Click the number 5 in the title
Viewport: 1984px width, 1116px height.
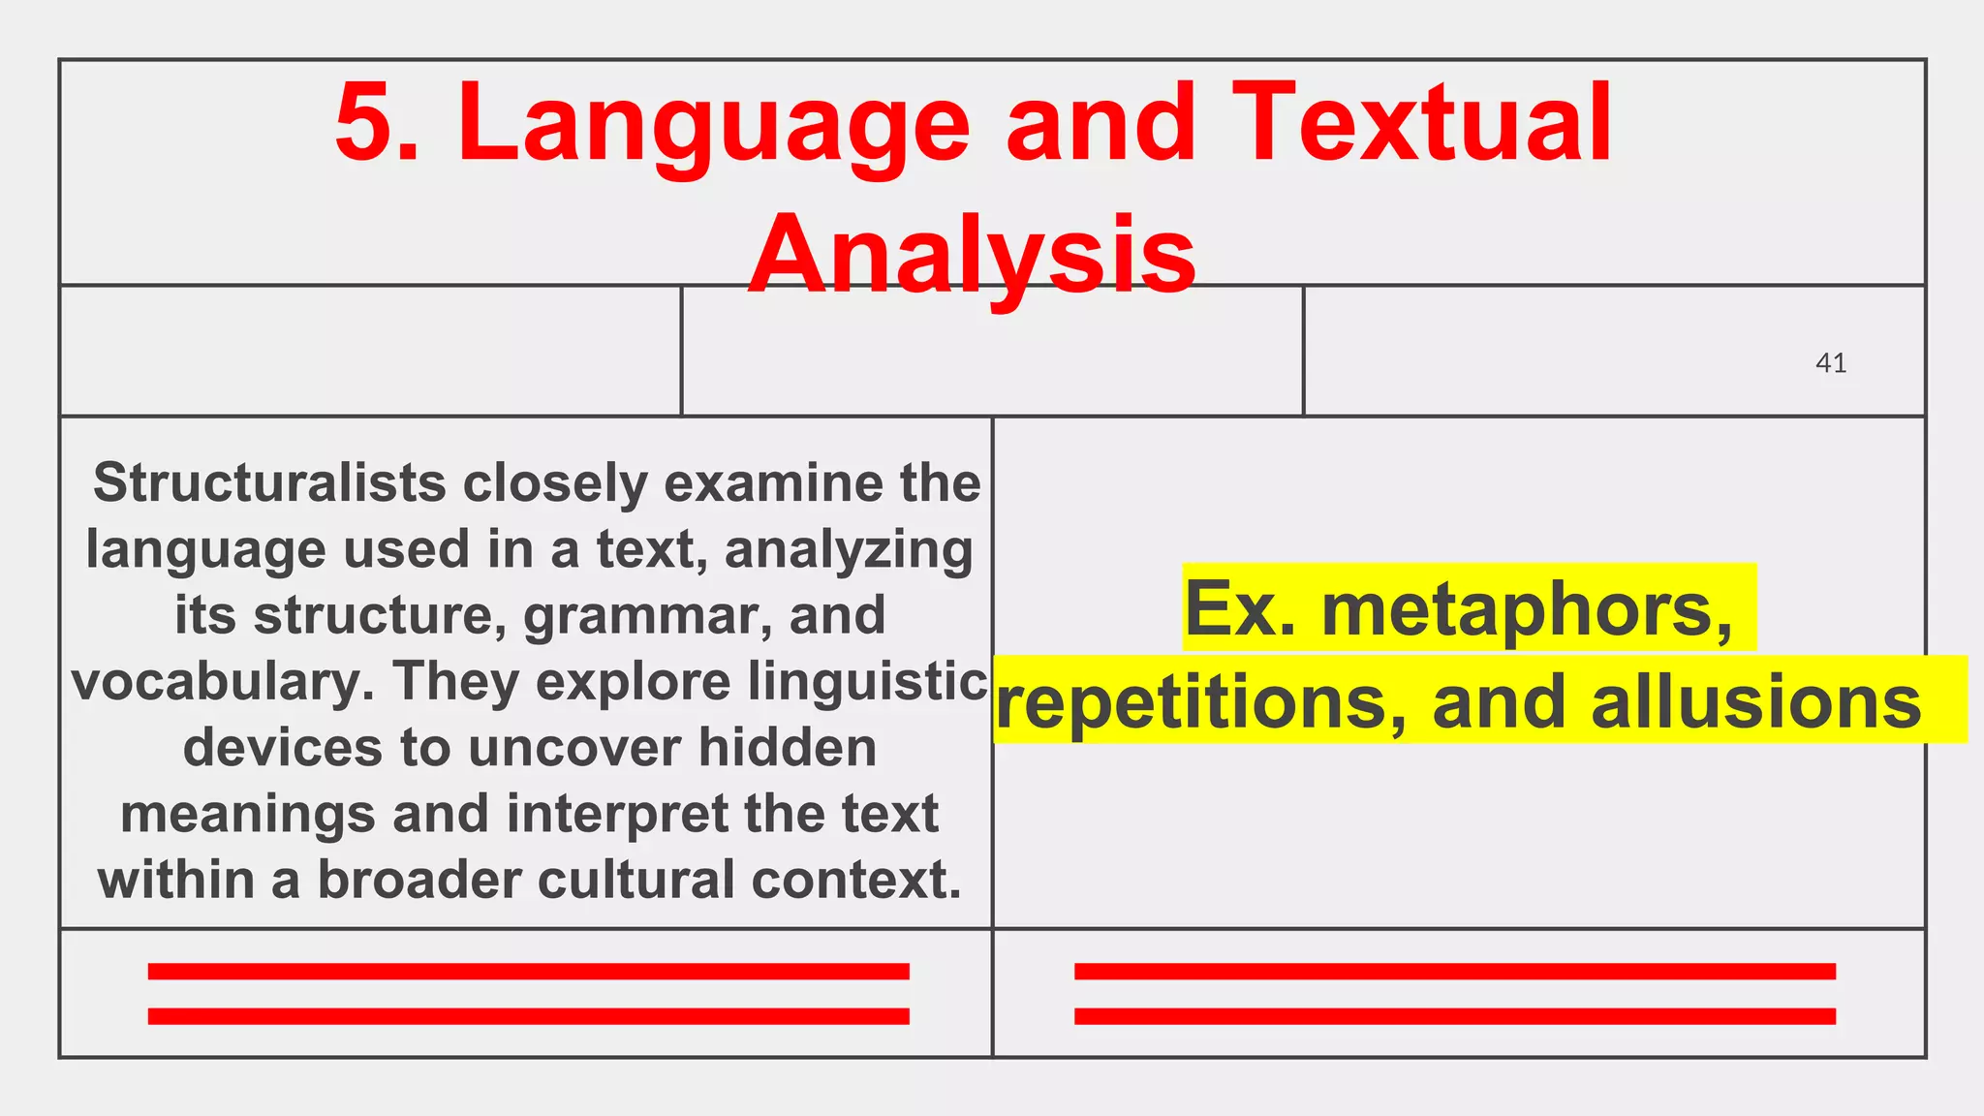pos(365,123)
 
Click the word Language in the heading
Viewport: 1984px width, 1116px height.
pos(713,126)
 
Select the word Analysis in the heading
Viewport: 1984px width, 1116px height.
pos(972,255)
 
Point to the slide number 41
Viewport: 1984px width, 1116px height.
pos(1830,363)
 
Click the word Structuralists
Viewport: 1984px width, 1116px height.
pos(268,482)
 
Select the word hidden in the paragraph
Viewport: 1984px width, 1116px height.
pos(788,748)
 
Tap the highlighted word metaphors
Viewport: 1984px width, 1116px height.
pos(1527,608)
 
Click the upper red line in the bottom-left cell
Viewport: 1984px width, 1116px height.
pos(528,972)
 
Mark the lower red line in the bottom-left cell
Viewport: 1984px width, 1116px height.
pos(528,1016)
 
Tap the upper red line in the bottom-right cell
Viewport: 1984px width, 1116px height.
pos(1454,972)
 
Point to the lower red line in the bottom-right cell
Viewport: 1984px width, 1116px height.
pos(1454,1016)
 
